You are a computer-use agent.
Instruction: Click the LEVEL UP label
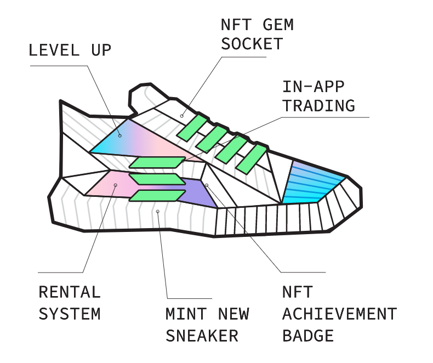coord(70,51)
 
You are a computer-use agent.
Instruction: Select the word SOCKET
coord(252,44)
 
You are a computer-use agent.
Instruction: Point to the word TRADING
coord(318,105)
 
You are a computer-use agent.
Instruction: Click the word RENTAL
coord(70,292)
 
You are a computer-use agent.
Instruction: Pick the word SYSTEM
coord(70,314)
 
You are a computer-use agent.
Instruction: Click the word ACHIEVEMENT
coord(339,314)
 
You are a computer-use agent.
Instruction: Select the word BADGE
coord(308,335)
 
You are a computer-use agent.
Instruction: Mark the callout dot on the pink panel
coord(115,185)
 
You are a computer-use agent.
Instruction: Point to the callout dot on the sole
coord(158,211)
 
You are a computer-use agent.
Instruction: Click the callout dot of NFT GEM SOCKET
coord(182,116)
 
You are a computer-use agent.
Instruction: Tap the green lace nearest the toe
coord(253,157)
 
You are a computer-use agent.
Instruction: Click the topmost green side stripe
coord(157,162)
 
